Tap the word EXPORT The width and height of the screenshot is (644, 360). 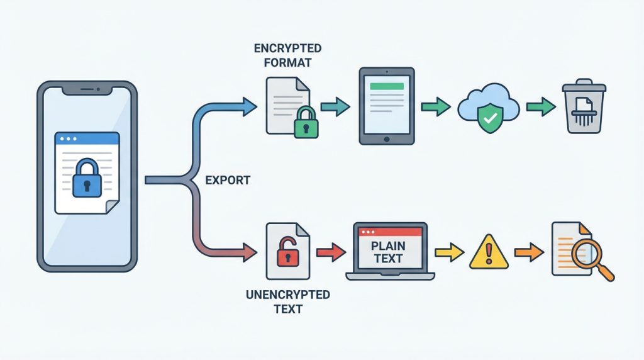click(x=228, y=181)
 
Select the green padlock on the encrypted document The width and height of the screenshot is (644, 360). click(x=306, y=123)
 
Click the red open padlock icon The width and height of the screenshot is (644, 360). click(x=287, y=252)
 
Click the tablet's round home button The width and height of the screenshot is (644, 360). click(x=387, y=138)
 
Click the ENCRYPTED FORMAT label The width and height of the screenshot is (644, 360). click(x=287, y=55)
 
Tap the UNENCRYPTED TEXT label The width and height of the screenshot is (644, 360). click(x=287, y=302)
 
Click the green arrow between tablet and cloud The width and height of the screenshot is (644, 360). click(x=435, y=106)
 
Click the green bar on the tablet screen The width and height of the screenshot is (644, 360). click(x=387, y=87)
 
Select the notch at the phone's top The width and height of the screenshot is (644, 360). click(x=87, y=89)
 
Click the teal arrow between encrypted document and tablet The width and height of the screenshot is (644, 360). click(x=336, y=106)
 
